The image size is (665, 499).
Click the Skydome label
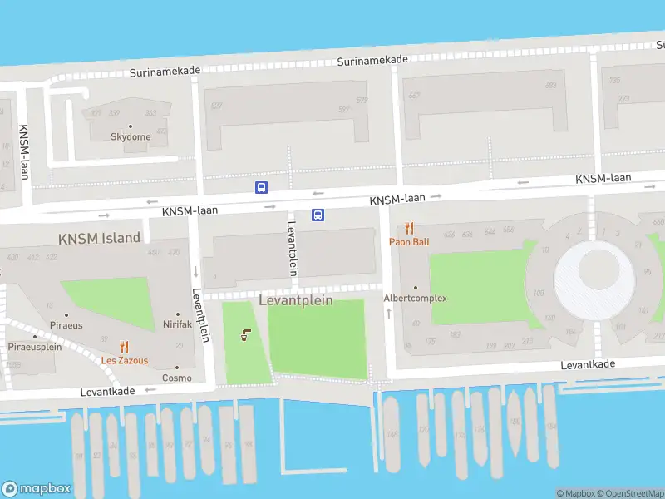131,136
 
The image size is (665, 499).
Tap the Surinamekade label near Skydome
165,72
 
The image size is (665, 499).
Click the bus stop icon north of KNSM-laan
261,187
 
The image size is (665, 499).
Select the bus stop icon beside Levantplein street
318,215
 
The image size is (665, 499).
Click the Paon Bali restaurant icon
409,228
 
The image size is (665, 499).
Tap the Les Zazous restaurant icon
125,348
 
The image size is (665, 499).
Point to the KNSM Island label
99,238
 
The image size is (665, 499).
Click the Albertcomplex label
415,298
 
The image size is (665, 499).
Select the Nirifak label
177,324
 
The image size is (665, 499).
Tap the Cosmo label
177,378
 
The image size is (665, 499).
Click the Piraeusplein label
35,347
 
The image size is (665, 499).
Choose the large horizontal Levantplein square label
296,300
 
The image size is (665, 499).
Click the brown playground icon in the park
244,335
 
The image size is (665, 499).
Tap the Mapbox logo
37,489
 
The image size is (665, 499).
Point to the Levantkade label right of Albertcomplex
588,365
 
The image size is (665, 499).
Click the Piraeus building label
66,325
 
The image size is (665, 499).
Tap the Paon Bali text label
409,242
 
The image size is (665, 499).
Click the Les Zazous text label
125,361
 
